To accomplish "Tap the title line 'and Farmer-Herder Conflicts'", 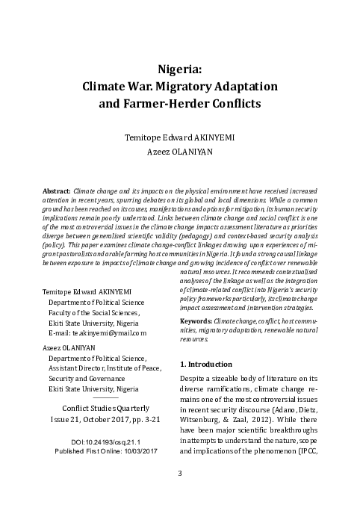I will click(180, 102).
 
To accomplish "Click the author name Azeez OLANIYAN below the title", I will click(180, 150).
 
